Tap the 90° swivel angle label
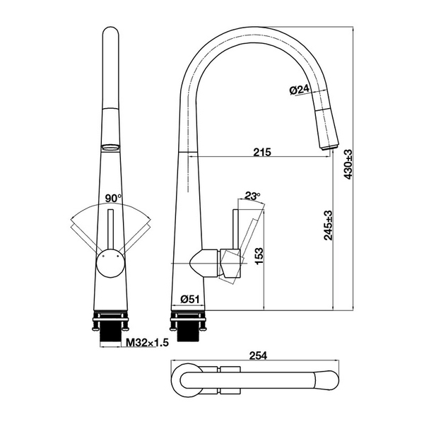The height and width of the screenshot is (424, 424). pyautogui.click(x=112, y=199)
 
